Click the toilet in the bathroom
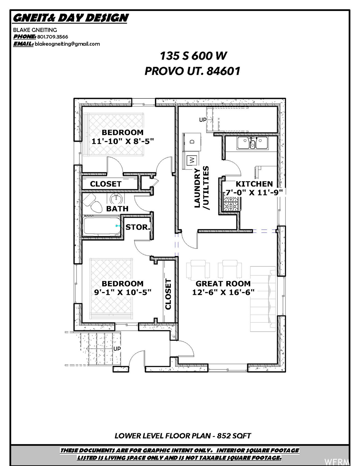[x=92, y=203]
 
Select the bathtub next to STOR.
[x=102, y=226]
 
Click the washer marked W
[x=191, y=160]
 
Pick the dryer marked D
[x=192, y=142]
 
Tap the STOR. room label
[x=138, y=227]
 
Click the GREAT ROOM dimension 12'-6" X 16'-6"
[x=223, y=292]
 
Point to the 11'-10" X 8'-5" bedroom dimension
[x=123, y=141]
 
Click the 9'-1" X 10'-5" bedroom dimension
[x=123, y=292]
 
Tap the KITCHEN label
[x=254, y=184]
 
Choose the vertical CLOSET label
[x=168, y=294]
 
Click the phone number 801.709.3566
[x=52, y=37]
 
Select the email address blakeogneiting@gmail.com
[x=67, y=44]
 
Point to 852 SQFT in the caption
[x=234, y=436]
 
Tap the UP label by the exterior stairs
[x=117, y=349]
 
